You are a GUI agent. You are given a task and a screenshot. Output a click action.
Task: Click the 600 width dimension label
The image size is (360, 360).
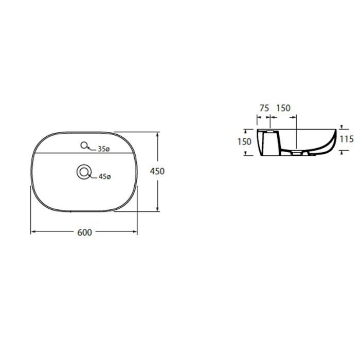pos(84,232)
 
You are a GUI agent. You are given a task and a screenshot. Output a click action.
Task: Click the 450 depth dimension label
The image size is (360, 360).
pos(157,171)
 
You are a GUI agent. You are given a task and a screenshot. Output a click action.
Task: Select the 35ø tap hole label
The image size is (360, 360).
pos(104,149)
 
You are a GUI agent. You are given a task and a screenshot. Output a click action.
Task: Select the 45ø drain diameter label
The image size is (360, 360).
pos(105,176)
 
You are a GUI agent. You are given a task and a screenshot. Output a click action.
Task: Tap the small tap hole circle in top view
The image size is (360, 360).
pos(84,145)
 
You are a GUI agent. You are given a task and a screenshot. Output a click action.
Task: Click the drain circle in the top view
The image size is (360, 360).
pos(84,172)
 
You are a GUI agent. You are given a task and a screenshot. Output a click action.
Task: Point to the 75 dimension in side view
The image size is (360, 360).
pos(264,108)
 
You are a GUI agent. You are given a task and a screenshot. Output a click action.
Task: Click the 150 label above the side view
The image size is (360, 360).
pos(283,108)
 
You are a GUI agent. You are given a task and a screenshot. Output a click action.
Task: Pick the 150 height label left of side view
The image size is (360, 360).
pos(244,141)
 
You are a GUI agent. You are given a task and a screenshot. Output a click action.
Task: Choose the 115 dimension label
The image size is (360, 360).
pos(347,139)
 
